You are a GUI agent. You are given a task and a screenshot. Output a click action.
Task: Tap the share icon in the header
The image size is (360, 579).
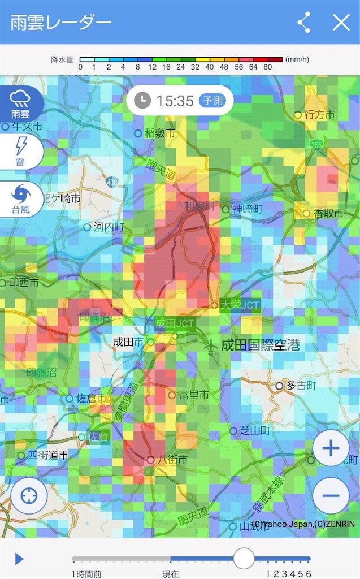coord(304,23)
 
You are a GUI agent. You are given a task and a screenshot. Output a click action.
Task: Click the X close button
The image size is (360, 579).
coord(341,23)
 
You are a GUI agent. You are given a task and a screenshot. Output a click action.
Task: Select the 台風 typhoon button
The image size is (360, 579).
coord(20,200)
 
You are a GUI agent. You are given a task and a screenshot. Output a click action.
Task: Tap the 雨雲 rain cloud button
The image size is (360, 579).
coord(20,103)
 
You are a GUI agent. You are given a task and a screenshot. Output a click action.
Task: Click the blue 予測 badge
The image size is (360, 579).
coord(213,101)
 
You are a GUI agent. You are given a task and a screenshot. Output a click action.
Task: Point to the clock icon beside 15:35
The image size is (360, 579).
coord(142,101)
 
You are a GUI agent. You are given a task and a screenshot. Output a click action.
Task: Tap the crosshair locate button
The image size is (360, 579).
coord(28,496)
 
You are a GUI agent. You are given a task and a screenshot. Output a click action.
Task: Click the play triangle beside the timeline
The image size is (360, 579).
coord(19,559)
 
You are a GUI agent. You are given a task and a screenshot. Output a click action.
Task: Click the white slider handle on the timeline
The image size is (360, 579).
coord(244,559)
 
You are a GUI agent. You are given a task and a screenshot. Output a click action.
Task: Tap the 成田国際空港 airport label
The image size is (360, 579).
coord(260,345)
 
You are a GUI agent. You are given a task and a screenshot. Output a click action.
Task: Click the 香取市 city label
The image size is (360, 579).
coord(329,214)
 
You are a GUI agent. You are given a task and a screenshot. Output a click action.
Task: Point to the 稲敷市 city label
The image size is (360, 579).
coord(159,133)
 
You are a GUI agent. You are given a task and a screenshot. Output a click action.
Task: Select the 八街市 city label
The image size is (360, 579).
coord(172,460)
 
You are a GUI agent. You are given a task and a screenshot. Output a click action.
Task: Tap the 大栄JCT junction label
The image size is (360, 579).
coord(240,305)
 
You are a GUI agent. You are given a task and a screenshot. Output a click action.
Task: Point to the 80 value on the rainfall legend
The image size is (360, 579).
coord(267,67)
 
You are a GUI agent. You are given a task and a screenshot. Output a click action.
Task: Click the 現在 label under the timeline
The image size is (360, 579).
coord(170,573)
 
